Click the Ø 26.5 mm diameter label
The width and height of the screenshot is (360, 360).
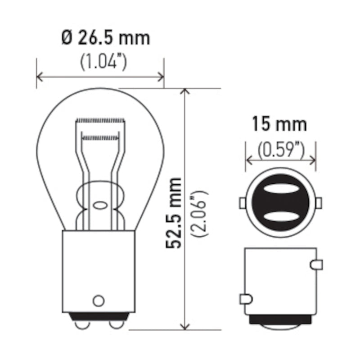(x=106, y=38)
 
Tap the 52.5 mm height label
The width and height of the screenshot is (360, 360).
(x=174, y=213)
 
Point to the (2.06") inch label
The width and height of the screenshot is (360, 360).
(x=199, y=213)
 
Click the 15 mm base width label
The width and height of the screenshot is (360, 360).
(x=279, y=124)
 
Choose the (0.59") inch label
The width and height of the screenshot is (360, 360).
(x=281, y=150)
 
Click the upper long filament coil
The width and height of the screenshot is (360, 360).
(x=100, y=121)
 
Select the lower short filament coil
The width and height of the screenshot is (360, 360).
(x=100, y=138)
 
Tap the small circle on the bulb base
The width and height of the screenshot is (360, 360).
(x=99, y=301)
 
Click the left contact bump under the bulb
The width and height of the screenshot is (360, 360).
(x=82, y=325)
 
